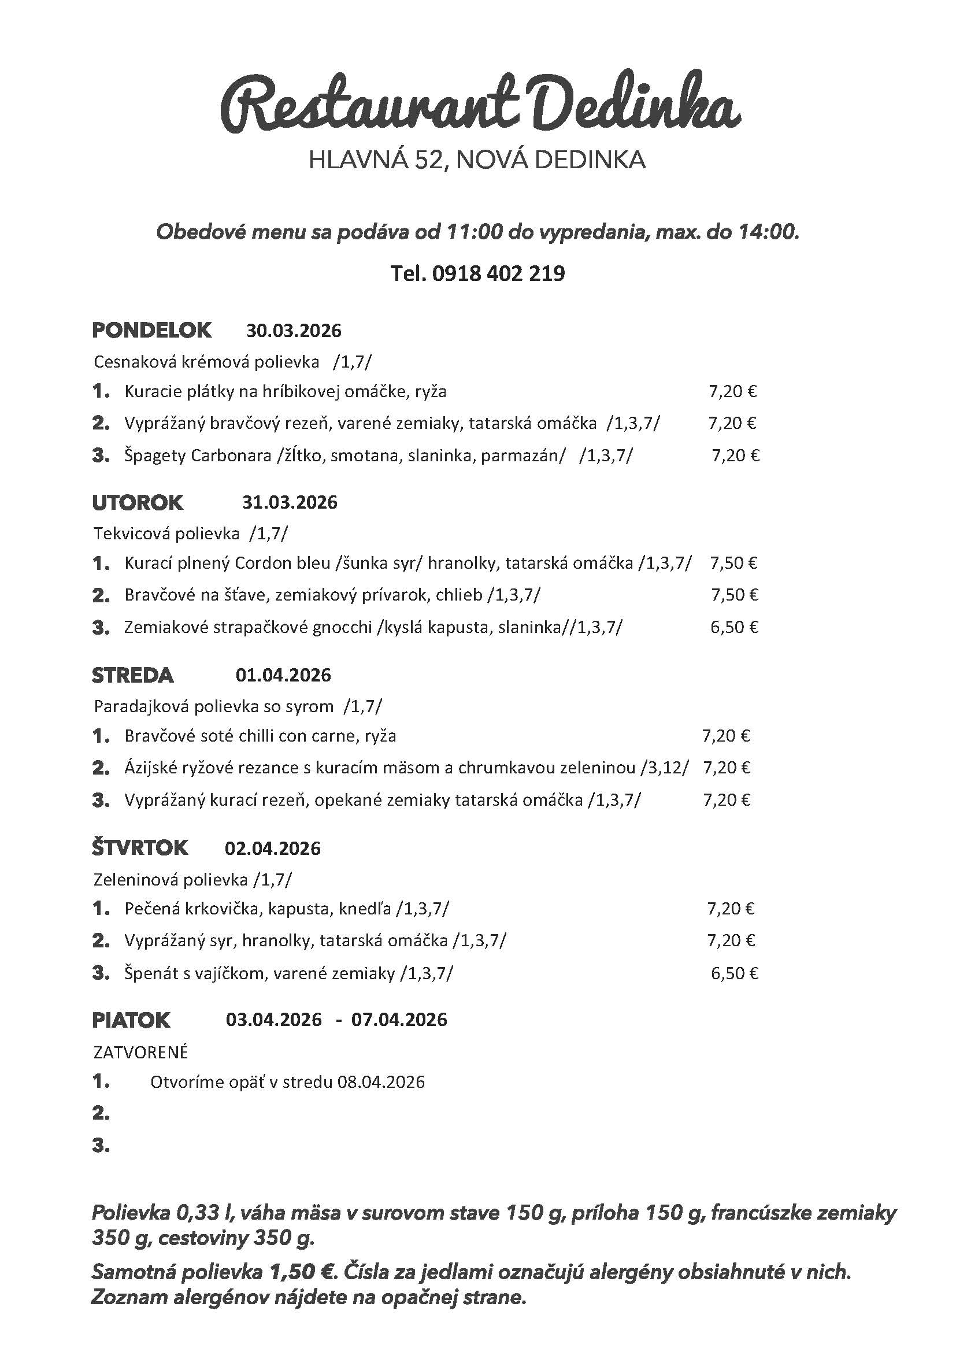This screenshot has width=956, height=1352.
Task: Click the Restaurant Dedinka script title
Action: tap(480, 106)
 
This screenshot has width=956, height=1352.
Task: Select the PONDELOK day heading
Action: tap(151, 331)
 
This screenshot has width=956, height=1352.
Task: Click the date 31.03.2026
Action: tap(290, 502)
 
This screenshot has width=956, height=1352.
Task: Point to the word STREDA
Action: tap(132, 675)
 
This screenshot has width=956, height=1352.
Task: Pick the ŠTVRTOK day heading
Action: tap(139, 848)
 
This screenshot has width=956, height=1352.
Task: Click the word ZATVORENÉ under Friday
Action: tap(140, 1052)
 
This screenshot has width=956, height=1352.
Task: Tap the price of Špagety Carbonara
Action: tap(735, 455)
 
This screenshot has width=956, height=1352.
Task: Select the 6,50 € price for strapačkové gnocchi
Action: tap(734, 627)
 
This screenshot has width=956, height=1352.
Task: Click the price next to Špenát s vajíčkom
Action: tap(734, 973)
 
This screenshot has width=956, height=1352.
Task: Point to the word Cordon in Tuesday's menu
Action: tap(261, 564)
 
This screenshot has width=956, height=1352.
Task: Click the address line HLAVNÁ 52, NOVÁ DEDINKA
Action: tap(477, 160)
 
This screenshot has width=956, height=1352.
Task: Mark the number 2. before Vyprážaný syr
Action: tap(101, 941)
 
